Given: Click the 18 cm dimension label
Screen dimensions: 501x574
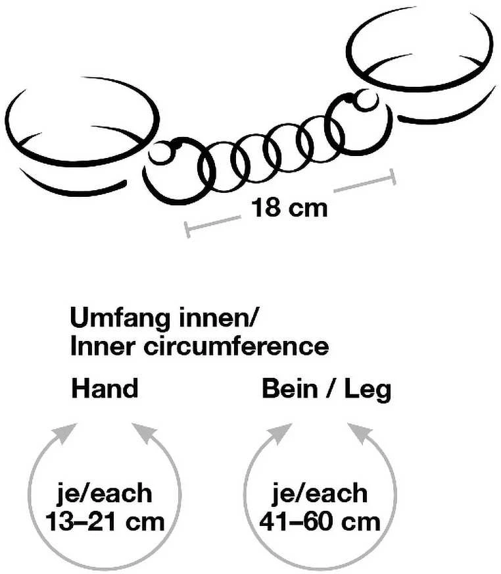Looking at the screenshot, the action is (x=289, y=208).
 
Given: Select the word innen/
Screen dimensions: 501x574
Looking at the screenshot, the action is (x=216, y=318).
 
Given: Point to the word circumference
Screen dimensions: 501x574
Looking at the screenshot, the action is (x=236, y=346).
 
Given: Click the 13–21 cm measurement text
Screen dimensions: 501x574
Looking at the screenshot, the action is (x=105, y=521).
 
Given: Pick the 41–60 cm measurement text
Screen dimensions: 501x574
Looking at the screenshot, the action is (x=320, y=521).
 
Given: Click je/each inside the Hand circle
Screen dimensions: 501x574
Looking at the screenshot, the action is (x=105, y=494).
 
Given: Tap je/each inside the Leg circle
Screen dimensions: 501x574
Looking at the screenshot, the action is (x=320, y=494).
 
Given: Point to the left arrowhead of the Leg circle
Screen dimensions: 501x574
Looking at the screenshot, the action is (x=281, y=432).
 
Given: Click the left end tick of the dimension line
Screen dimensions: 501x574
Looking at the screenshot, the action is (x=187, y=230).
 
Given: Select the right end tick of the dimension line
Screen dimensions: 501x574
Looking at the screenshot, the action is (x=393, y=177).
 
